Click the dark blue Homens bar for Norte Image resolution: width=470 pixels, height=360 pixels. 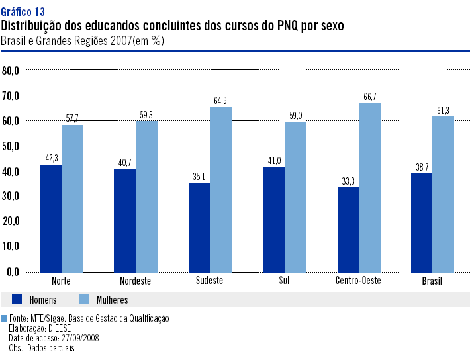click(50, 218)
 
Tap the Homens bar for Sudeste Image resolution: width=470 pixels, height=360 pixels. click(199, 227)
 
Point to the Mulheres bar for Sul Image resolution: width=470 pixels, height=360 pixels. click(295, 197)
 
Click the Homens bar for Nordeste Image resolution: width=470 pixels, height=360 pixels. click(124, 220)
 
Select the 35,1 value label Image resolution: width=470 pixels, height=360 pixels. click(200, 176)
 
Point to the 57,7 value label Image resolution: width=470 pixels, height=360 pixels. click(72, 118)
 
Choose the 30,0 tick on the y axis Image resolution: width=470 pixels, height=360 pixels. click(11, 197)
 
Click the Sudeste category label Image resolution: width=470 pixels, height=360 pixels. click(209, 281)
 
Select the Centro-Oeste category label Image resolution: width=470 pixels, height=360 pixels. click(359, 281)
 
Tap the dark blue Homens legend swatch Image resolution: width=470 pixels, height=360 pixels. click(17, 300)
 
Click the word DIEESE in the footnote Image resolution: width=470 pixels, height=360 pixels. click(60, 328)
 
